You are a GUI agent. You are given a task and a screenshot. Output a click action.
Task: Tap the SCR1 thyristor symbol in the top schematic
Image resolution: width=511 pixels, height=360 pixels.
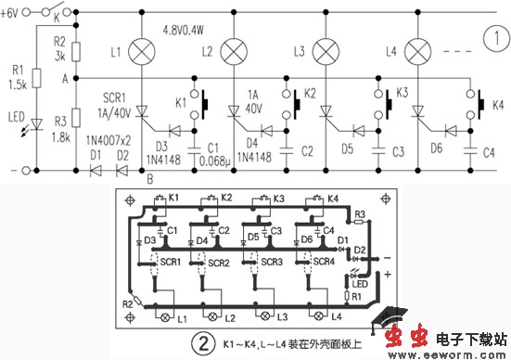pyautogui.click(x=142, y=111)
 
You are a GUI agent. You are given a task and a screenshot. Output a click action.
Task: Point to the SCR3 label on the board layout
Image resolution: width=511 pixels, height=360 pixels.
pyautogui.click(x=269, y=263)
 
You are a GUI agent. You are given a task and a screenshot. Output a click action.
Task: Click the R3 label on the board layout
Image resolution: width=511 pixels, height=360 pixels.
pyautogui.click(x=362, y=214)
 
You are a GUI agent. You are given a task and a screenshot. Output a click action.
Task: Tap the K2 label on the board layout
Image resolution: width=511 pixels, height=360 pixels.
pyautogui.click(x=226, y=197)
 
